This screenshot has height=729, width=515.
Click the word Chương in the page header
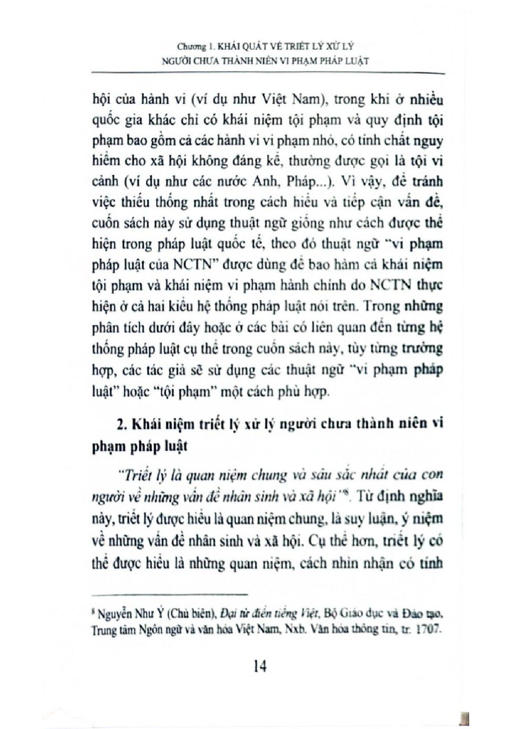pos(189,45)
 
